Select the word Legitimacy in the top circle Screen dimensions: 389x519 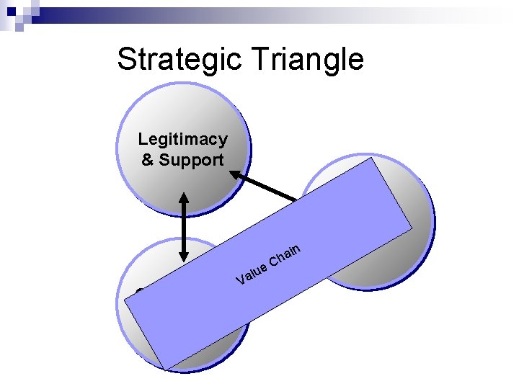click(x=182, y=139)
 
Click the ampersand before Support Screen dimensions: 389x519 click(x=147, y=160)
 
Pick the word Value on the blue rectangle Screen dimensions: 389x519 click(x=251, y=274)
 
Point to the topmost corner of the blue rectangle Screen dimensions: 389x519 click(x=376, y=158)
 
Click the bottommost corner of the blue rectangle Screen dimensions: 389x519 click(x=167, y=370)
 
